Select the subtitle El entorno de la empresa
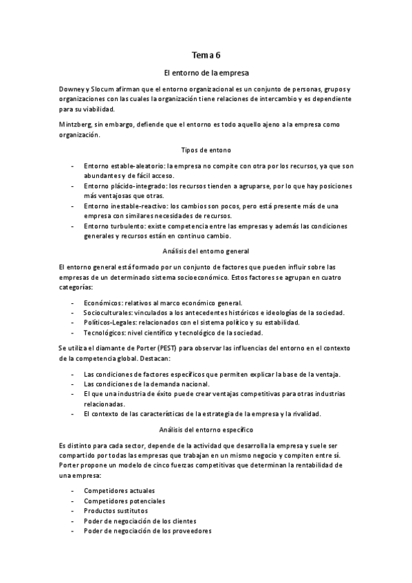pyautogui.click(x=206, y=72)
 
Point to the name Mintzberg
pyautogui.click(x=75, y=125)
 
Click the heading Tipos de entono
pyautogui.click(x=206, y=149)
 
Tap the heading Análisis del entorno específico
pyautogui.click(x=206, y=430)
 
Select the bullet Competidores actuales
pyautogui.click(x=119, y=491)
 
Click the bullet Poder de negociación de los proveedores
pyautogui.click(x=147, y=531)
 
